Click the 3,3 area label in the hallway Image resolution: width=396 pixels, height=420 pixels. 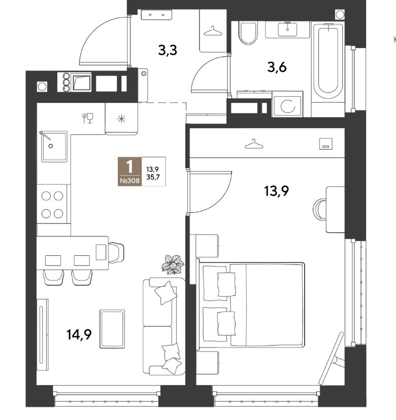168,50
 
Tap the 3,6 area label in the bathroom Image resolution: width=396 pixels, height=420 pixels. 277,67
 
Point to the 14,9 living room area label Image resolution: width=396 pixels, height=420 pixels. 79,334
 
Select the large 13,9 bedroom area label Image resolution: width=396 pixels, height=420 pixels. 276,191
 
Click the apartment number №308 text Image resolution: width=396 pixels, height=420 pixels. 129,181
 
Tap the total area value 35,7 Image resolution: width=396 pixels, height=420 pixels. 152,177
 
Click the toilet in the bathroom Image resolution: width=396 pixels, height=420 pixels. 248,33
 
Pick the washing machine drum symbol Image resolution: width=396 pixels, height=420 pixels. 287,106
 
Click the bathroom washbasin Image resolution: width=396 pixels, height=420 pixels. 287,29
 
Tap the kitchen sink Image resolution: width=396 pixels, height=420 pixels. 54,146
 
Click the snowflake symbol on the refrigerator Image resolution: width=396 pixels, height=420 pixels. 122,119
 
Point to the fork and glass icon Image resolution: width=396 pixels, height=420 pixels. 87,118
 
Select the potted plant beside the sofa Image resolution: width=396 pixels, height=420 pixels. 173,264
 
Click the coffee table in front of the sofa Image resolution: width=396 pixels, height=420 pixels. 112,329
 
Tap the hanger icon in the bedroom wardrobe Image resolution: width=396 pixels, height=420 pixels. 254,144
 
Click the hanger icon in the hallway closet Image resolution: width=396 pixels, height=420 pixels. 213,31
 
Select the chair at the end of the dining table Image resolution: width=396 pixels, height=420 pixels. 116,252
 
